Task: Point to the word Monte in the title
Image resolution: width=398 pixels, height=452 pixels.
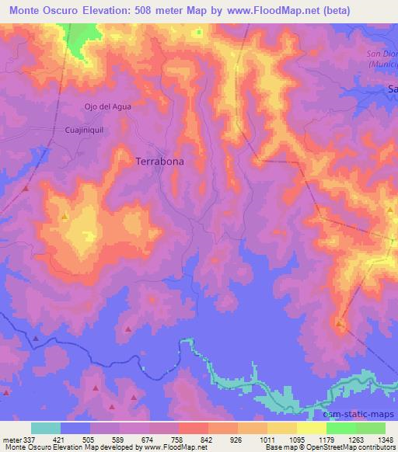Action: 30,10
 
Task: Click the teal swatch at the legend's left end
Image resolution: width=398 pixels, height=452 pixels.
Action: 46,428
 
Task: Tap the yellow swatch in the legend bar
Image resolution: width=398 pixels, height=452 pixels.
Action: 311,428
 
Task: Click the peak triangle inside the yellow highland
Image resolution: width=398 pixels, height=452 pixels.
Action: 65,217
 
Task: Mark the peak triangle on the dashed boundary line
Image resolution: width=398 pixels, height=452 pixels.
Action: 339,322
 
